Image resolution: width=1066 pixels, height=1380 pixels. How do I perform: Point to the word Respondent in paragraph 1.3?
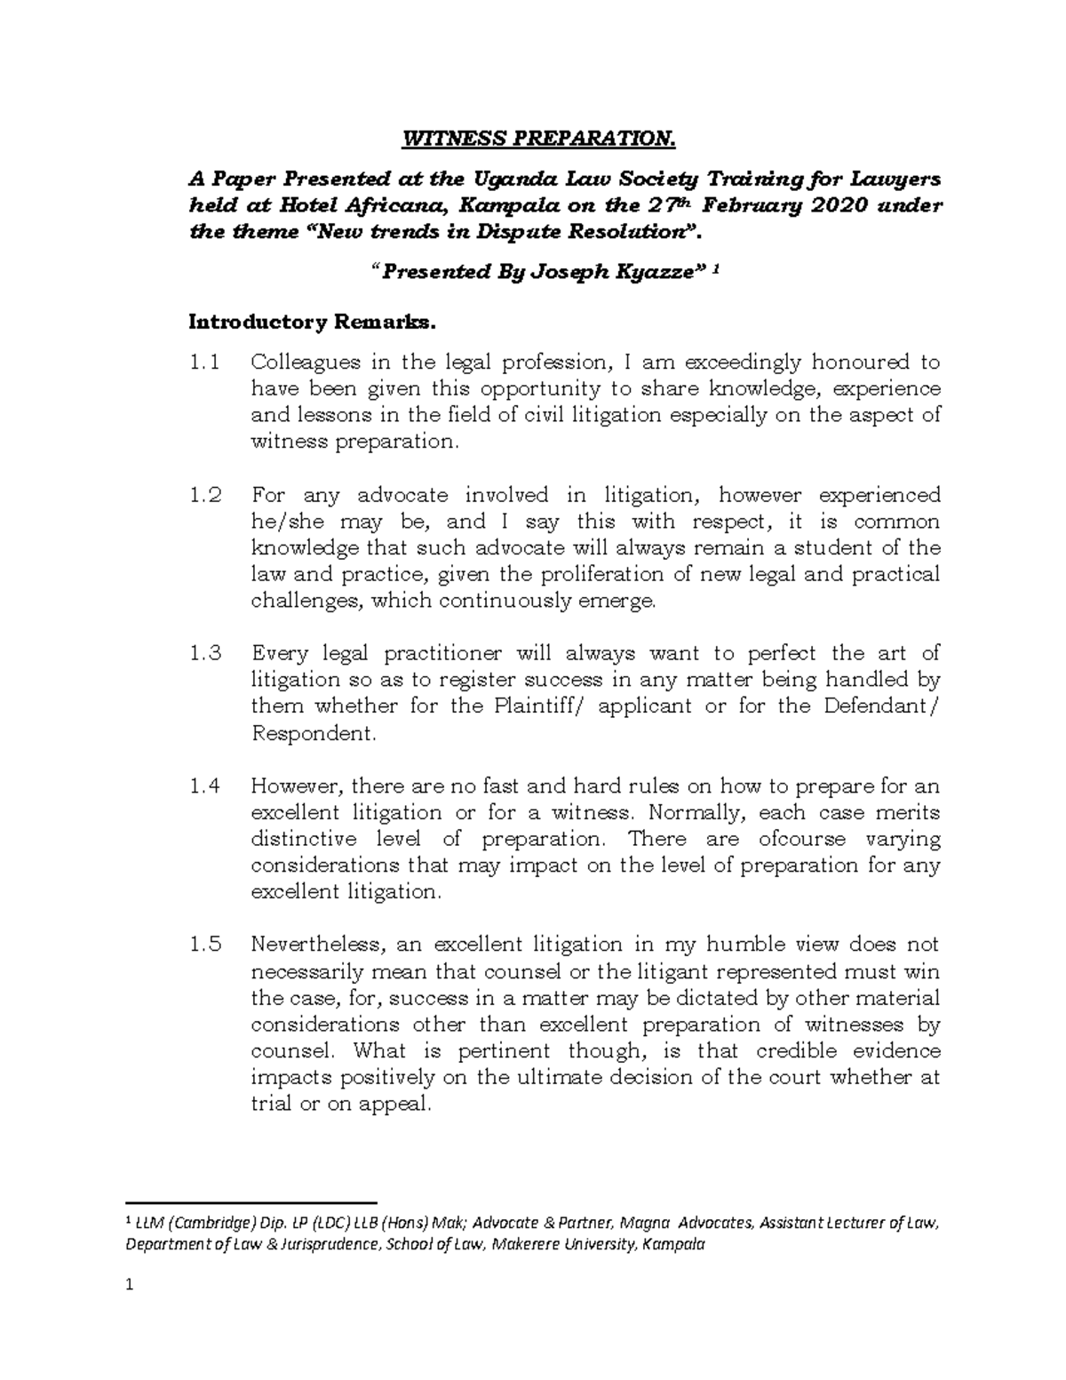314,734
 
